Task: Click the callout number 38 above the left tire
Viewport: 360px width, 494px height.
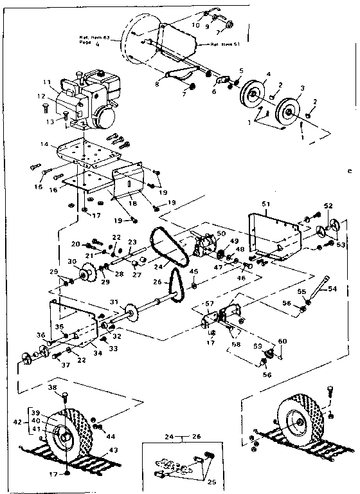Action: (x=53, y=388)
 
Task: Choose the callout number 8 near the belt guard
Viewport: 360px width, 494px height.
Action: (x=156, y=83)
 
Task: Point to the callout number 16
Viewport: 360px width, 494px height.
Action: (x=54, y=191)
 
